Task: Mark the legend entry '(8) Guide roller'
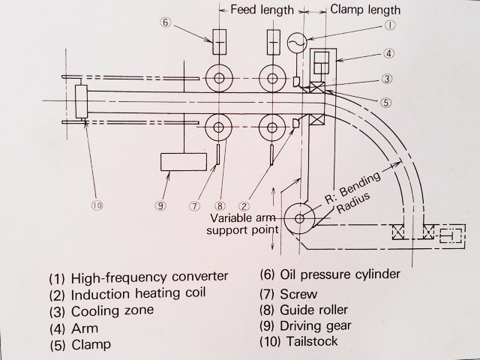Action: [x=306, y=308]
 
